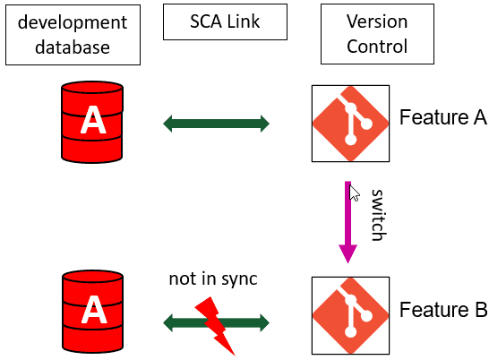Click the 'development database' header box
pos(72,34)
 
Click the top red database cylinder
pos(92,122)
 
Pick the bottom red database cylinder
pos(92,311)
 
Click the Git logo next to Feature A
pos(349,124)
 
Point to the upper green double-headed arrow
pos(216,124)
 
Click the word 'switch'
pos(377,215)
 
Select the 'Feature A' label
pos(442,117)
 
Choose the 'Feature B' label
pos(442,311)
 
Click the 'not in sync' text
pos(213,279)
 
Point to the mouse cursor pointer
pos(354,193)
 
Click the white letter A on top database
pos(92,124)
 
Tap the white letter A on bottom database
pos(92,313)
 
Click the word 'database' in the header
pos(72,47)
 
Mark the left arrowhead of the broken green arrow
pos(170,321)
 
